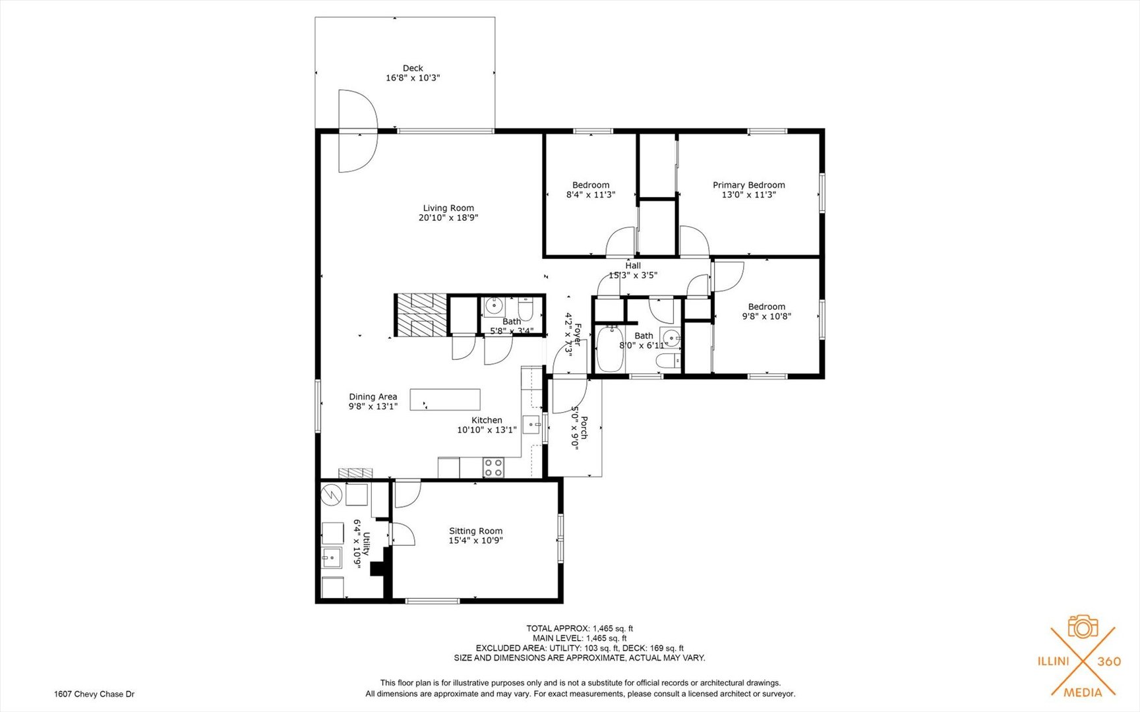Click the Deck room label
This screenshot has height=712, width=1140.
click(413, 68)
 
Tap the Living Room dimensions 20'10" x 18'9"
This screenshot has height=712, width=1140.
click(448, 218)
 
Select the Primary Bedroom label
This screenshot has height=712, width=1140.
click(748, 185)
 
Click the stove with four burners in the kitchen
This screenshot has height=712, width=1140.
click(493, 467)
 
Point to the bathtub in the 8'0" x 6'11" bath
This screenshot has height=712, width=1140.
click(610, 349)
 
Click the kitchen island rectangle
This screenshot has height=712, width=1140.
click(445, 400)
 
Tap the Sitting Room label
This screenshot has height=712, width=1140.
click(475, 531)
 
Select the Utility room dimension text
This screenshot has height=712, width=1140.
click(357, 544)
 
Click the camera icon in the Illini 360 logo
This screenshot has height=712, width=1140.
click(1083, 627)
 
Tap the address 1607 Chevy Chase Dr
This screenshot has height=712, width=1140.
click(94, 694)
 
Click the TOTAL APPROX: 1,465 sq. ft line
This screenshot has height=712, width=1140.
click(579, 628)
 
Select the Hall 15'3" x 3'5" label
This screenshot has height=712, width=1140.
click(633, 270)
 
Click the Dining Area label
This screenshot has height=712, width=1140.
click(373, 397)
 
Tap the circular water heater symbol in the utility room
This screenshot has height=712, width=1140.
click(332, 494)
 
